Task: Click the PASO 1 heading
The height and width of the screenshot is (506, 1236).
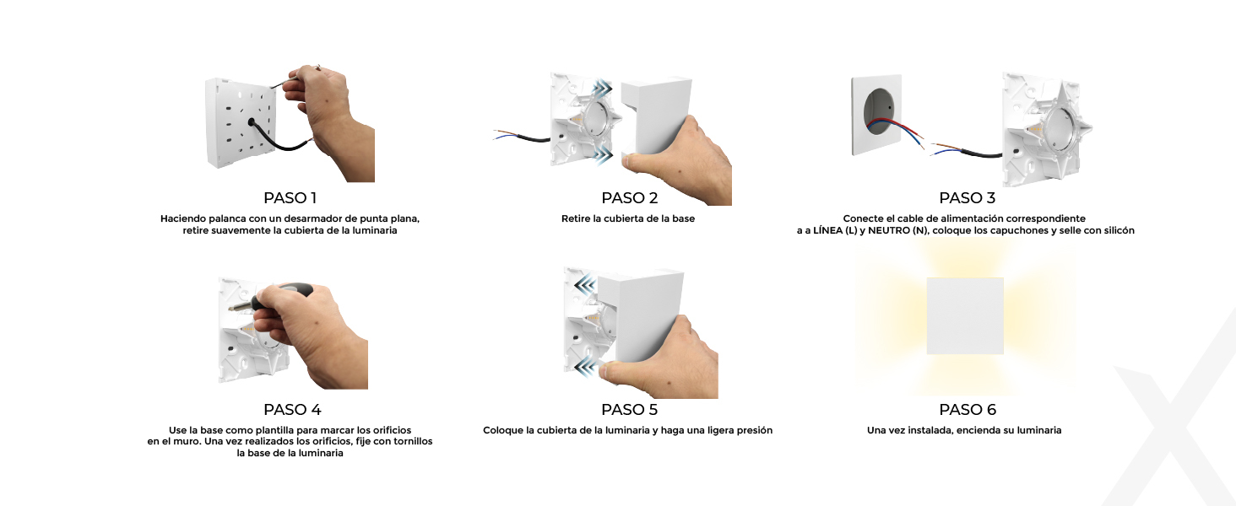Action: click(290, 198)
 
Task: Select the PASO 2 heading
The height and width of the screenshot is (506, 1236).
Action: click(630, 198)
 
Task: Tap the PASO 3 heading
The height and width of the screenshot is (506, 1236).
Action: click(968, 198)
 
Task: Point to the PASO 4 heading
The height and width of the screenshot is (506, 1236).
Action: click(292, 410)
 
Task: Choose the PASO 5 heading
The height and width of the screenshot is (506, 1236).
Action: click(630, 410)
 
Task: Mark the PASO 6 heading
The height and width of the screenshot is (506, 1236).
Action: click(968, 410)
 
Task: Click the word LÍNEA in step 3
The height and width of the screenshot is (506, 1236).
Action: click(828, 230)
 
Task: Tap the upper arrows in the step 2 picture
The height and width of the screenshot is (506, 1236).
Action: click(603, 89)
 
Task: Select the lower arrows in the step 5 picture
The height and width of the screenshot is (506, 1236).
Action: click(584, 366)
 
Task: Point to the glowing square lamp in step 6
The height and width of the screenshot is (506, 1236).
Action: click(965, 316)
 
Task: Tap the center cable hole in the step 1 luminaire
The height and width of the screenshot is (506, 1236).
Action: click(252, 121)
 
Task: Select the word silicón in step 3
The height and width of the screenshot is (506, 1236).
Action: click(1116, 230)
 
